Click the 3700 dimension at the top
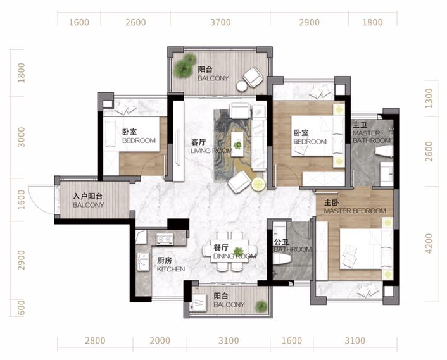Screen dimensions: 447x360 point(220,22)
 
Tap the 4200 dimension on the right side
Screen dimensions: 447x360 point(429,244)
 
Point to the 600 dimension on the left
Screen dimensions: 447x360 point(21,308)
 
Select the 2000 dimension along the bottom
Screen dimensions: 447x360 point(160,340)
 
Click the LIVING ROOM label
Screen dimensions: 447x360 point(211,151)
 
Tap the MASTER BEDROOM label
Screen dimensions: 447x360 point(355,211)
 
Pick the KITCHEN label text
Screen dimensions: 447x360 point(171,269)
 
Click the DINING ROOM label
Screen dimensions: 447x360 point(235,256)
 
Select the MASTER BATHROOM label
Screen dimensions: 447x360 point(372,137)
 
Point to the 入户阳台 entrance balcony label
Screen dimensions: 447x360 point(88,196)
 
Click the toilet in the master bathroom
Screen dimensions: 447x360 point(384,151)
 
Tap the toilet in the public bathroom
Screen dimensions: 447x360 point(282,259)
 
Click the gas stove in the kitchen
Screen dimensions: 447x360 point(165,239)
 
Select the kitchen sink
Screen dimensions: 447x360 point(143,262)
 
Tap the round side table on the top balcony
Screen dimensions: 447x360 point(242,86)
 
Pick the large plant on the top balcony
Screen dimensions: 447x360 point(185,66)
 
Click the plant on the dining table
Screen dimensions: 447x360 point(238,252)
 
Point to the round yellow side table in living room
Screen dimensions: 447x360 point(258,184)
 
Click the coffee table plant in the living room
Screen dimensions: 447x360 point(237,146)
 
